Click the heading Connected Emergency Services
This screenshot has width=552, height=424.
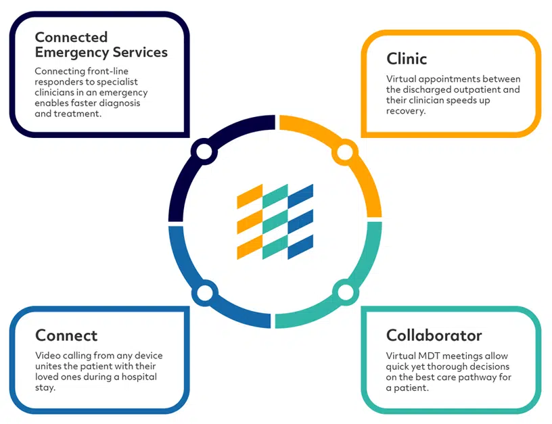[x=101, y=45]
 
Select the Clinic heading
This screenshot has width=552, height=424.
[x=407, y=59]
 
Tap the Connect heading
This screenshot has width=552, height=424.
[x=66, y=335]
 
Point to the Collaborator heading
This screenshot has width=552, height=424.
[x=434, y=335]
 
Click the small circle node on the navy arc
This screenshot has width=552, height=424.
[x=204, y=151]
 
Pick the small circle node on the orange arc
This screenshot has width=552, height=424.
[x=345, y=152]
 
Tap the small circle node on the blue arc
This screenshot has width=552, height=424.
[x=205, y=293]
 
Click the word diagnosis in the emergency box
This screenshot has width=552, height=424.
[x=120, y=103]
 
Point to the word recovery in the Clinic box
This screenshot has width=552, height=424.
[x=406, y=111]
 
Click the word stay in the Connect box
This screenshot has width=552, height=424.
[x=45, y=387]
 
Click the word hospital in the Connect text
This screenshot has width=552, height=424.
[x=139, y=377]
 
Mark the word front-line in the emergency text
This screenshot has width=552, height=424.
[x=108, y=71]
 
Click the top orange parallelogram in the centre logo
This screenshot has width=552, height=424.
[x=250, y=196]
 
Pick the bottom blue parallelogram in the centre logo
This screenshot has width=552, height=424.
[x=300, y=247]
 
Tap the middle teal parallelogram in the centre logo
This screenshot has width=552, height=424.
[x=275, y=222]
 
